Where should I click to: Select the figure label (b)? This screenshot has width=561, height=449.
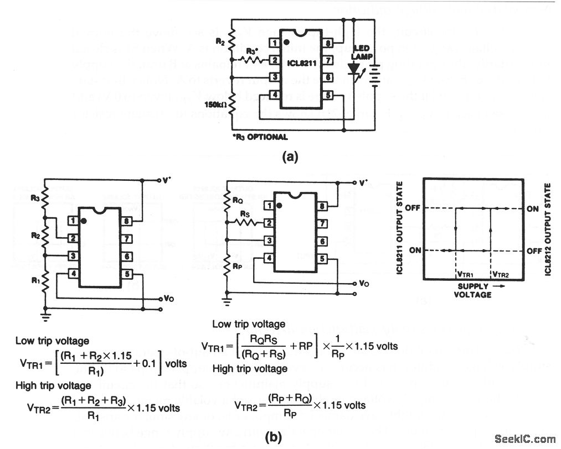(x=274, y=437)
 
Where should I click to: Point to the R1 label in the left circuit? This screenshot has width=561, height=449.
(x=35, y=280)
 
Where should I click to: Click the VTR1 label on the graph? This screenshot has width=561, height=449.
(x=465, y=273)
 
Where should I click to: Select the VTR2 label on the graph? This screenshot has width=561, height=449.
(x=500, y=273)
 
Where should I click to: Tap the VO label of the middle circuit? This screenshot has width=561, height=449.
(x=364, y=283)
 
